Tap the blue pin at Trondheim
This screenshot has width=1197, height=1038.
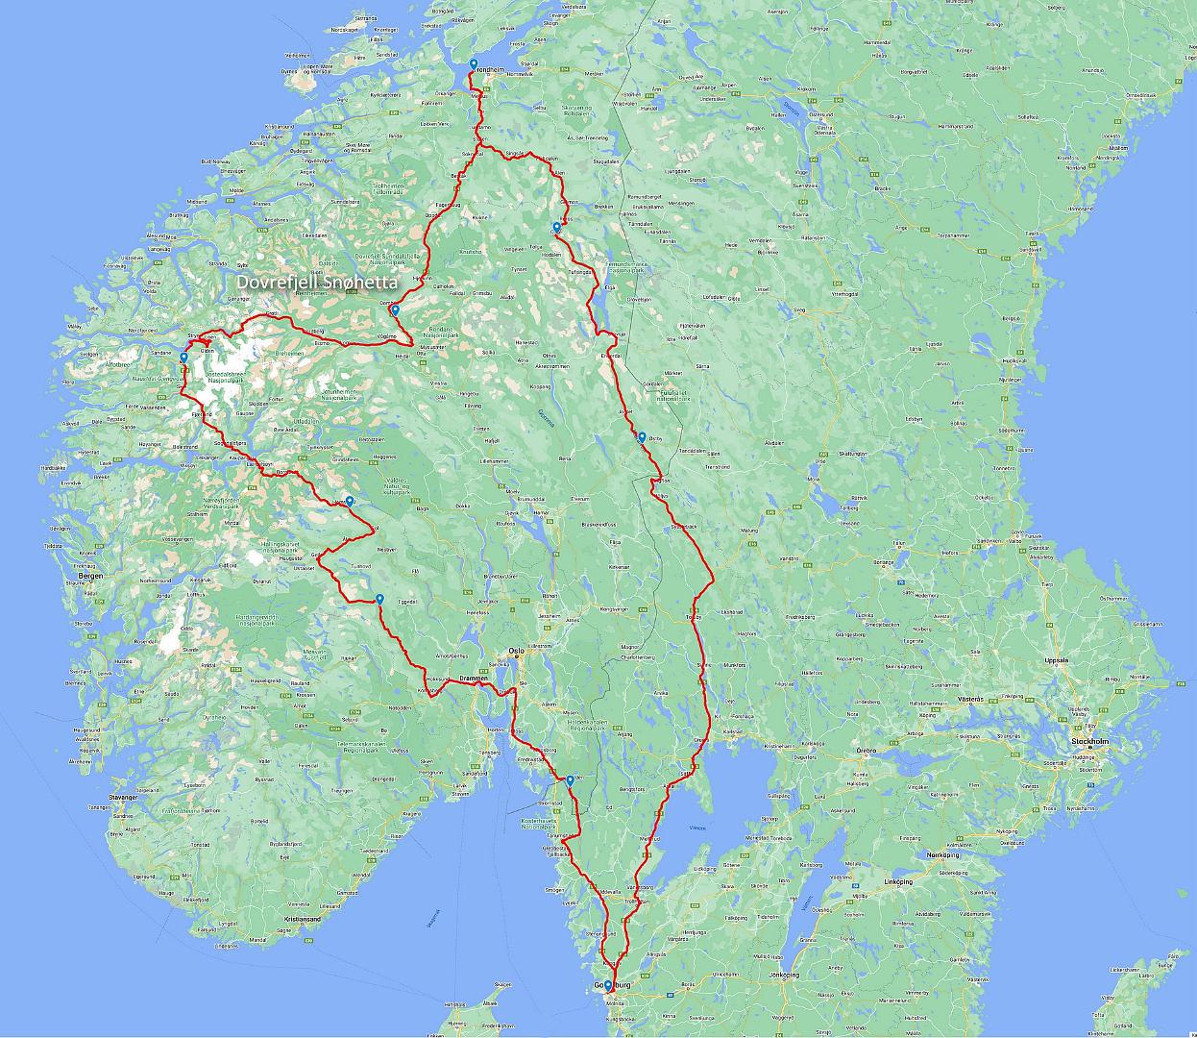click(474, 65)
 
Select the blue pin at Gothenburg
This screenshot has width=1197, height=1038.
click(607, 985)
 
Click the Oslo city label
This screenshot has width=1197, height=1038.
click(517, 650)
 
